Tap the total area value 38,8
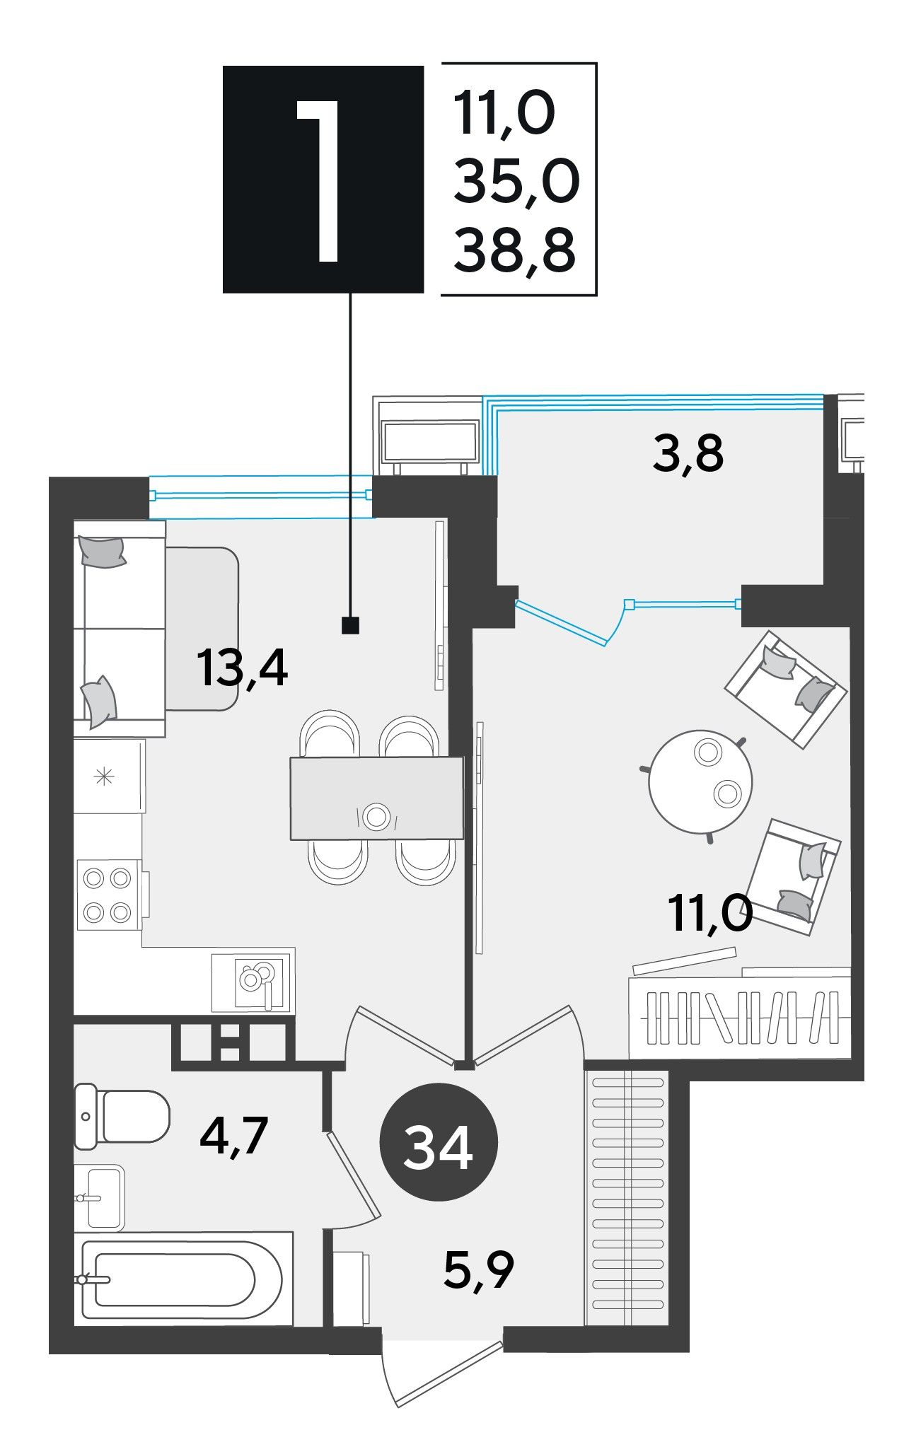[x=514, y=250]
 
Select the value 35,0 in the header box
[x=516, y=181]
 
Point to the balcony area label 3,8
[x=688, y=453]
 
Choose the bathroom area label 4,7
[x=233, y=1135]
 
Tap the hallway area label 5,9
[x=479, y=1269]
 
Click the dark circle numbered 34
[x=439, y=1142]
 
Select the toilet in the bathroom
[x=122, y=1116]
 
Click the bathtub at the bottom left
[x=183, y=1279]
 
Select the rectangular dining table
[x=376, y=798]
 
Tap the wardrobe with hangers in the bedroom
[x=740, y=1017]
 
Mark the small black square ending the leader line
[x=350, y=625]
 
